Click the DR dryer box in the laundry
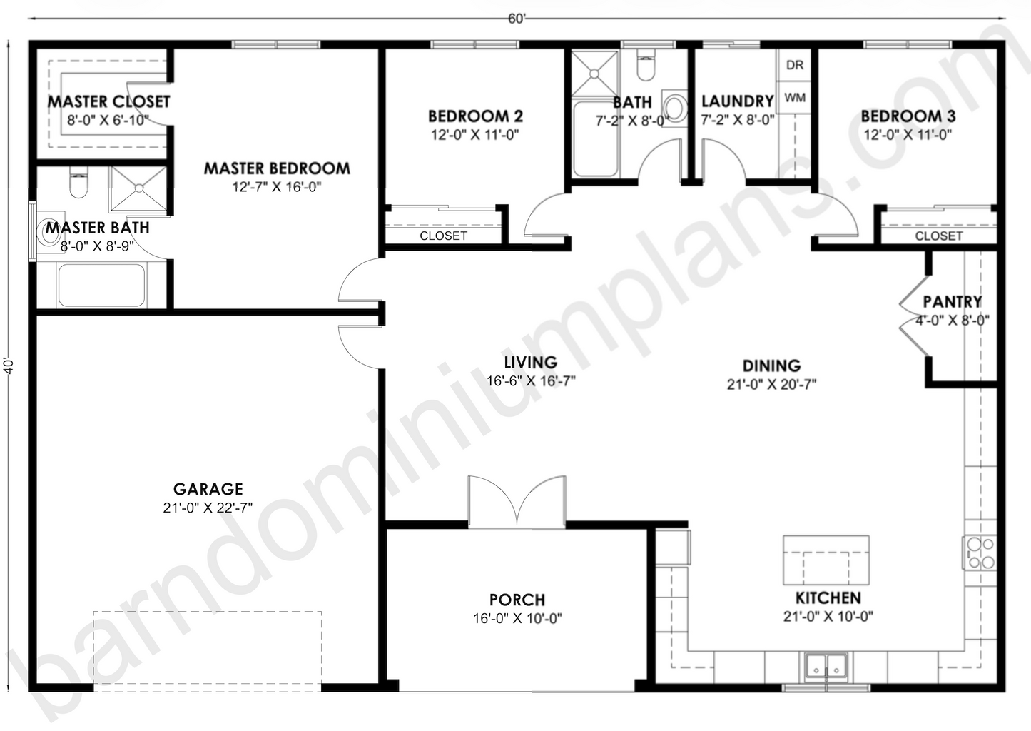tap(795, 65)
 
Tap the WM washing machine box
tap(795, 97)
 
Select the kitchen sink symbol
tap(826, 665)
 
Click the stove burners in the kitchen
tap(980, 553)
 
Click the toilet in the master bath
tap(78, 184)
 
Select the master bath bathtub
tap(101, 285)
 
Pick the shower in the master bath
tap(138, 188)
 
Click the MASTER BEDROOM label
tap(277, 168)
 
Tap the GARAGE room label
tap(208, 489)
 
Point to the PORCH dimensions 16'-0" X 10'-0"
tap(517, 618)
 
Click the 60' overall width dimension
tap(517, 19)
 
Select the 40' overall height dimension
tap(9, 365)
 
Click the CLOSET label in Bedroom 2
tap(443, 236)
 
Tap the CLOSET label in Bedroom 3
tap(938, 236)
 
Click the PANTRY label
tap(952, 301)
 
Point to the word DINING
tap(771, 365)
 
